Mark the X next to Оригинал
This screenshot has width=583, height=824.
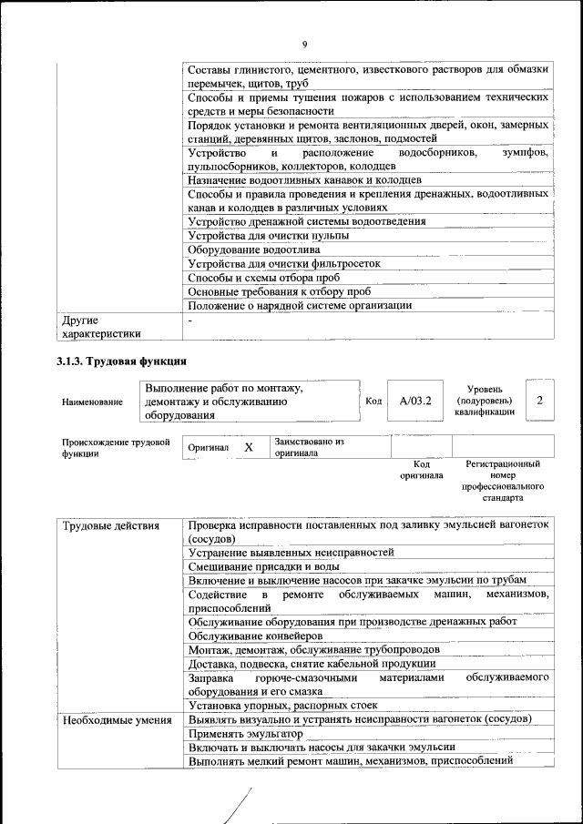tap(248, 448)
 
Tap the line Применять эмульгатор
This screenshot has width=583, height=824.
tap(245, 733)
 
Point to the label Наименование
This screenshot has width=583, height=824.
tap(92, 402)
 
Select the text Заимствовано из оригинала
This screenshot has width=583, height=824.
tap(309, 446)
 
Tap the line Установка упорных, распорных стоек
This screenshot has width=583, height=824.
tap(282, 706)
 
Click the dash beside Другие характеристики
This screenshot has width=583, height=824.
tap(190, 320)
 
